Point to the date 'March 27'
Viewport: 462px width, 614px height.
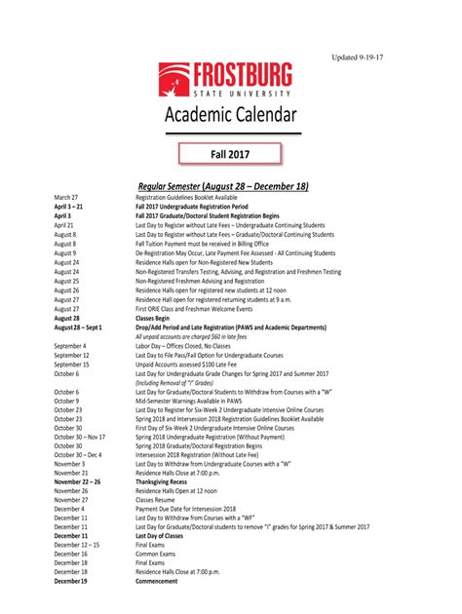pos(66,198)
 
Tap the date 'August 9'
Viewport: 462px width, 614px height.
pos(66,253)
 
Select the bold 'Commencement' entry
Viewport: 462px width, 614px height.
pos(157,581)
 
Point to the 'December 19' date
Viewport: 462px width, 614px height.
pos(71,581)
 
